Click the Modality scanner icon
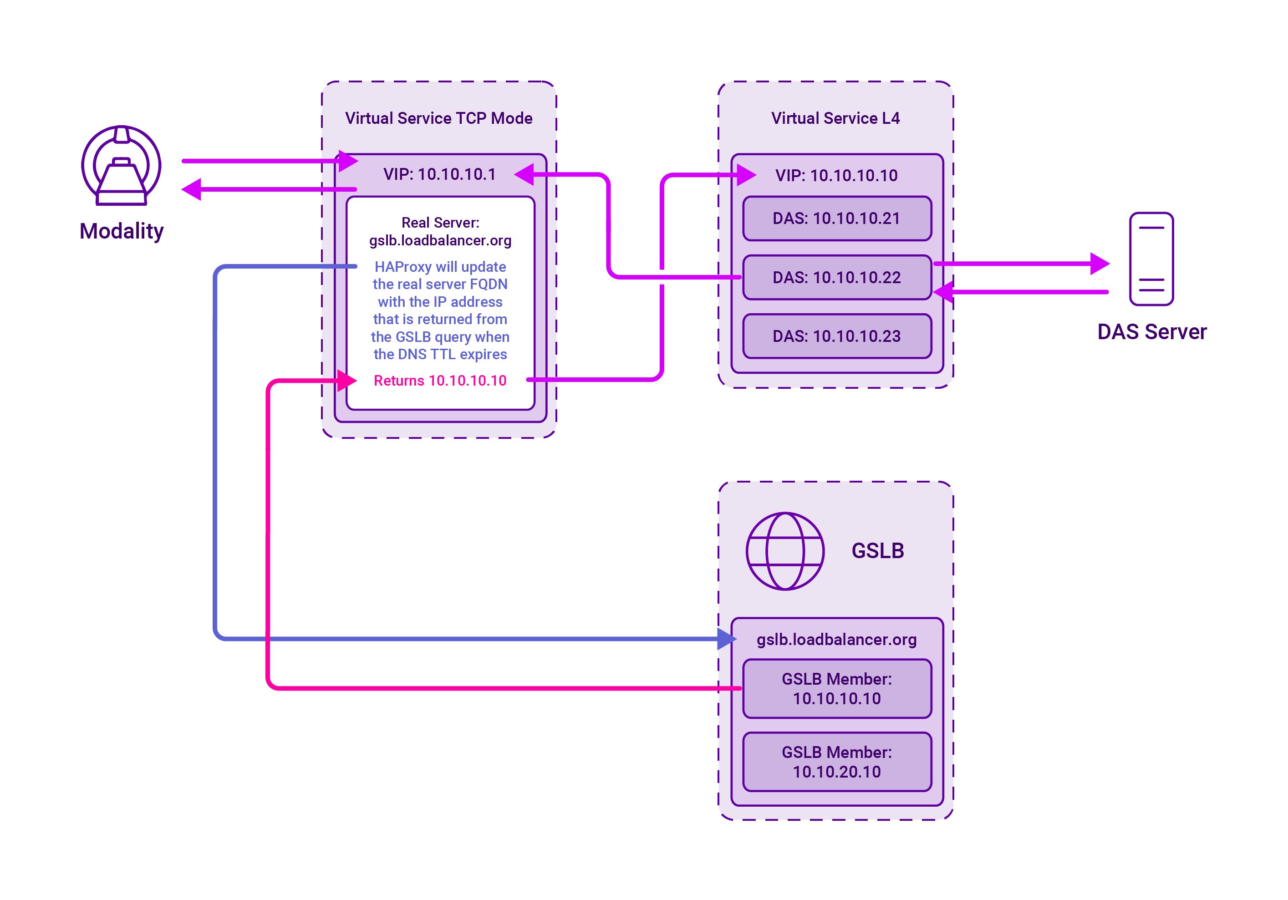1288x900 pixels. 121,165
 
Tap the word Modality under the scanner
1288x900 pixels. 122,231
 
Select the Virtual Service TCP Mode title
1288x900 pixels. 439,118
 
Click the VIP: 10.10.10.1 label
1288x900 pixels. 439,174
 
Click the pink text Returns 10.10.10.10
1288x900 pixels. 440,381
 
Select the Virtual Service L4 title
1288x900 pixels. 835,118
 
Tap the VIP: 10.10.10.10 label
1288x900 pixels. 836,176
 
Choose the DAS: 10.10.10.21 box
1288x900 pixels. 837,219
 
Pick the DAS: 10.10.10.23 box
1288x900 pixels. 837,336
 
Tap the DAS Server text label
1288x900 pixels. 1152,332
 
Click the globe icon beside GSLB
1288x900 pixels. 785,551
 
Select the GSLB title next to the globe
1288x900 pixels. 878,551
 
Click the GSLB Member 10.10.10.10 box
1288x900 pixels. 837,689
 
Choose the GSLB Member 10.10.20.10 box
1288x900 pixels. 837,762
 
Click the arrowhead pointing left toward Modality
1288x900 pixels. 191,189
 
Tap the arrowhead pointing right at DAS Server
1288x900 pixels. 1100,264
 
